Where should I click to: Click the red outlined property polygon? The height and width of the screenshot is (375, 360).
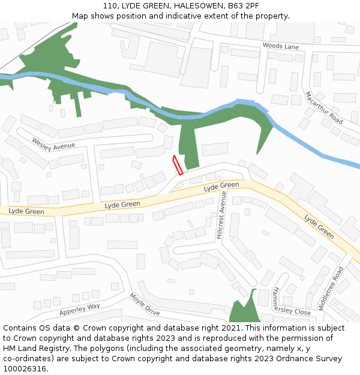click(178, 165)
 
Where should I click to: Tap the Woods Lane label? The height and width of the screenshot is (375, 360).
click(280, 46)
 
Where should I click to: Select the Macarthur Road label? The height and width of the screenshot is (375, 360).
click(323, 108)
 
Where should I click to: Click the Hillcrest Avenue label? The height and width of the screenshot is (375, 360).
click(220, 220)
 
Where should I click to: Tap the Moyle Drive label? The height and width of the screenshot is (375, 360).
click(145, 304)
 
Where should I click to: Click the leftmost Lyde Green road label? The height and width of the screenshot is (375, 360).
click(26, 211)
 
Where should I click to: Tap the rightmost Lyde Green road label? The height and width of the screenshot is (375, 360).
click(319, 227)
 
